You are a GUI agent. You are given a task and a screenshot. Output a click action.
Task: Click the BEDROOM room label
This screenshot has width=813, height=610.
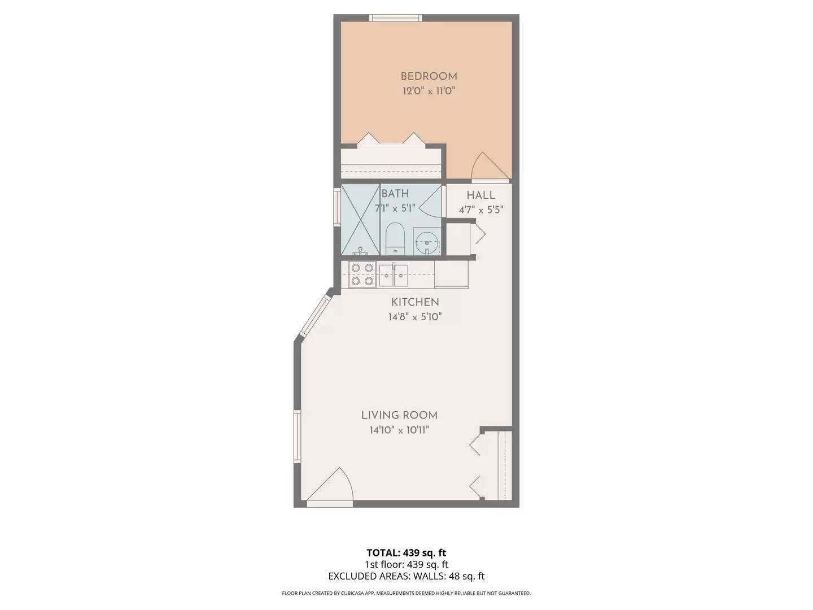pyautogui.click(x=429, y=76)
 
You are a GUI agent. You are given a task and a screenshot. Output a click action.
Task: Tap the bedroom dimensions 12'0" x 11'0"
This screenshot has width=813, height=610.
pyautogui.click(x=429, y=91)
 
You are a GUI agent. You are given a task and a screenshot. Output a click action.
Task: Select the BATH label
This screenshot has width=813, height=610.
pyautogui.click(x=395, y=194)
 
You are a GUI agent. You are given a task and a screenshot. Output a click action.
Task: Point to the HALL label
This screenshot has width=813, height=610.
pyautogui.click(x=481, y=195)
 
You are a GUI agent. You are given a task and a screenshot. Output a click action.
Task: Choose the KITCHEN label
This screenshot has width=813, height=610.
pyautogui.click(x=415, y=302)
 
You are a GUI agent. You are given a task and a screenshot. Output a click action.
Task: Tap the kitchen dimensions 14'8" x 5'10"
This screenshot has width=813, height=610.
pyautogui.click(x=415, y=317)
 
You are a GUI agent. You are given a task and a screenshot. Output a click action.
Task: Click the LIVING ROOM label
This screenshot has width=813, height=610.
pyautogui.click(x=399, y=415)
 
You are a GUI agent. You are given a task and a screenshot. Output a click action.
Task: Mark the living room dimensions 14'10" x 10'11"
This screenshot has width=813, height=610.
pyautogui.click(x=399, y=430)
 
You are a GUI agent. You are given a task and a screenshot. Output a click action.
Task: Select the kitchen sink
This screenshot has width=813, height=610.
pyautogui.click(x=394, y=274)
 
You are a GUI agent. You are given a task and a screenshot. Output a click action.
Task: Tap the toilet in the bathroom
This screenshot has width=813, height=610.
pyautogui.click(x=395, y=238)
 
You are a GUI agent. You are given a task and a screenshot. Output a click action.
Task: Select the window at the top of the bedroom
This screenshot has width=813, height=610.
pyautogui.click(x=395, y=18)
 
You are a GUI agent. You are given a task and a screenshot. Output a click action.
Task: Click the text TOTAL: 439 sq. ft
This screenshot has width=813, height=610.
pyautogui.click(x=406, y=552)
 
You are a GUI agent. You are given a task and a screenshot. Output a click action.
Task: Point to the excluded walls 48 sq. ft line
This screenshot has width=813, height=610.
pyautogui.click(x=406, y=576)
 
